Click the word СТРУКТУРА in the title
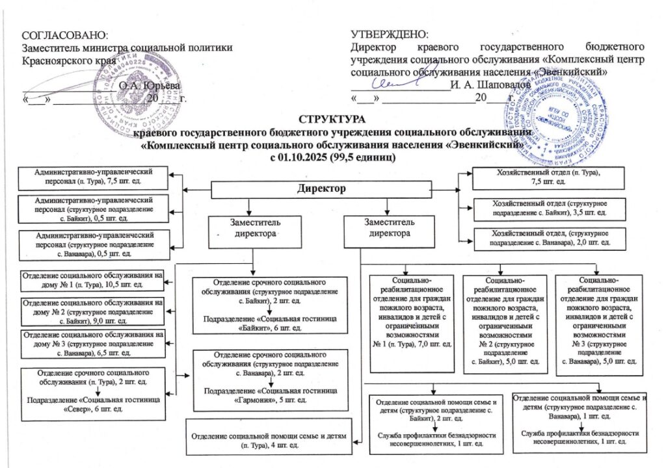[332, 119]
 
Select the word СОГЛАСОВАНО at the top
[64, 33]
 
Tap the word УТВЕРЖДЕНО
[389, 33]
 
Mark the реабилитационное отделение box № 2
[502, 322]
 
